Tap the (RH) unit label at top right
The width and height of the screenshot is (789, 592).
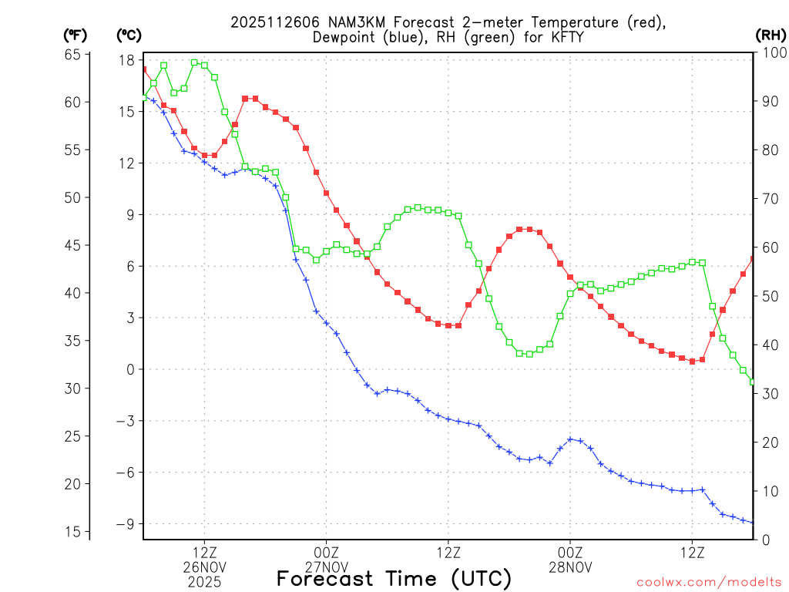[771, 35]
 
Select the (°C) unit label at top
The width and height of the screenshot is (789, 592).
[129, 35]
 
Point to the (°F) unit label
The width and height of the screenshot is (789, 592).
[75, 35]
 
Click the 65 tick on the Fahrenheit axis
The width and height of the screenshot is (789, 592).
[72, 54]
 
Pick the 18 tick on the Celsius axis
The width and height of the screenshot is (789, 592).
[128, 60]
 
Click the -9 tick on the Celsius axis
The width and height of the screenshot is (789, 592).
[125, 524]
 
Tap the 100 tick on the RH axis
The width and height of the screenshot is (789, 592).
[772, 52]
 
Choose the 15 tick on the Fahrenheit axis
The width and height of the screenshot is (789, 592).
[72, 532]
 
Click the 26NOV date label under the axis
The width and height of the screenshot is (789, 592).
[204, 567]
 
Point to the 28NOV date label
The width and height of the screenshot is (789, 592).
[570, 567]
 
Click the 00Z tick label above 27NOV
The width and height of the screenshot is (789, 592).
[326, 553]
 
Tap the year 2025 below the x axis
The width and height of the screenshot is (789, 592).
[204, 581]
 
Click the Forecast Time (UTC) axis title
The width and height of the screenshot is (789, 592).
[394, 579]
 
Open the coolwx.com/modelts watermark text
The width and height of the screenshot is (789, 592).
[708, 582]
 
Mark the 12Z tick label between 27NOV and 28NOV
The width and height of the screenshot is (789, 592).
[448, 553]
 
